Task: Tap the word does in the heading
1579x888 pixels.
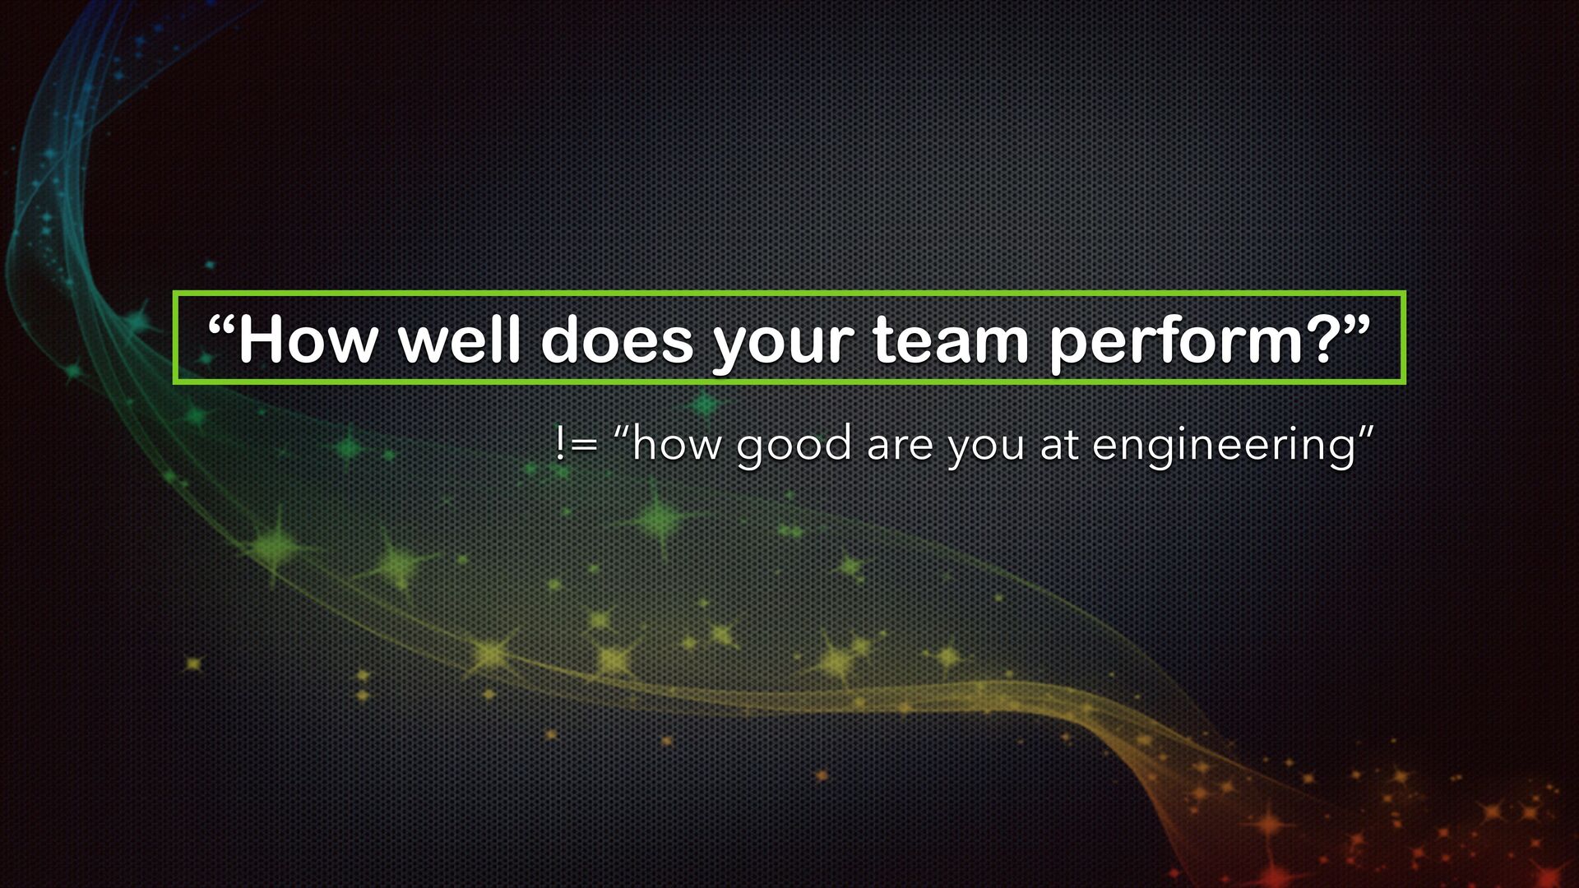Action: click(x=617, y=339)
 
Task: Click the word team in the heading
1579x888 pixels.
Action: click(x=951, y=340)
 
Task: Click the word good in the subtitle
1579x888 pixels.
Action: click(x=794, y=449)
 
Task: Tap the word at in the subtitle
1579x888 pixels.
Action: click(x=1058, y=446)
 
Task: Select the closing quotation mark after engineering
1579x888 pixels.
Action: click(x=1364, y=432)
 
